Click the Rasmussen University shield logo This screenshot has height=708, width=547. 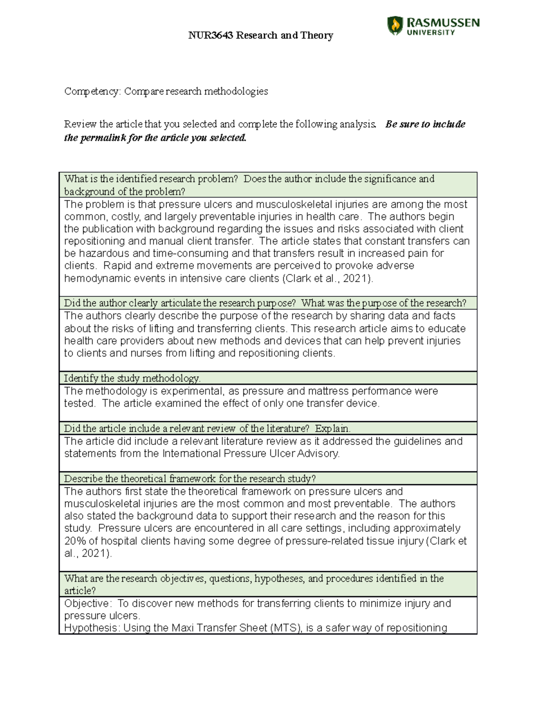tap(395, 26)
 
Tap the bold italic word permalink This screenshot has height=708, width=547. tap(103, 138)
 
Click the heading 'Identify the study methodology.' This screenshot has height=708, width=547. tap(132, 378)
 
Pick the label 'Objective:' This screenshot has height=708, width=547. tap(88, 604)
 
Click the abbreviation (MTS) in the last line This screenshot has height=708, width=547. tap(286, 628)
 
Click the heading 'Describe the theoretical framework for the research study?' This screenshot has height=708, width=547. tap(190, 479)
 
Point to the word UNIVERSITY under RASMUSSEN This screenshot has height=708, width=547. tap(430, 32)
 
